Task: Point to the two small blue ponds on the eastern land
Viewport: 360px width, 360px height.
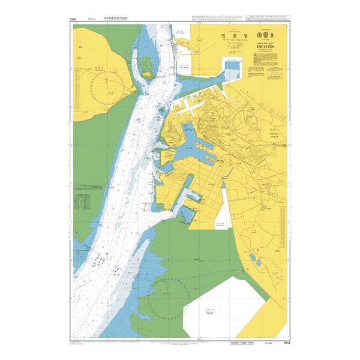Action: point(253,258)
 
